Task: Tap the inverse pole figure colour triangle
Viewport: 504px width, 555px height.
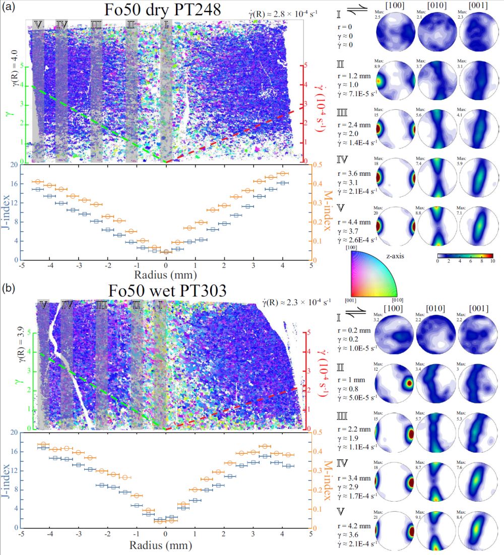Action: tap(373, 275)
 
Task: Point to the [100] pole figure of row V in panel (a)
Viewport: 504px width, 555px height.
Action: tap(396, 226)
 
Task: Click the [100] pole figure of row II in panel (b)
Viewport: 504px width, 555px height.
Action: tap(396, 383)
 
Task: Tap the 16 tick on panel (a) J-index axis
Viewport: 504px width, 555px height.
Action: tap(15, 184)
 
